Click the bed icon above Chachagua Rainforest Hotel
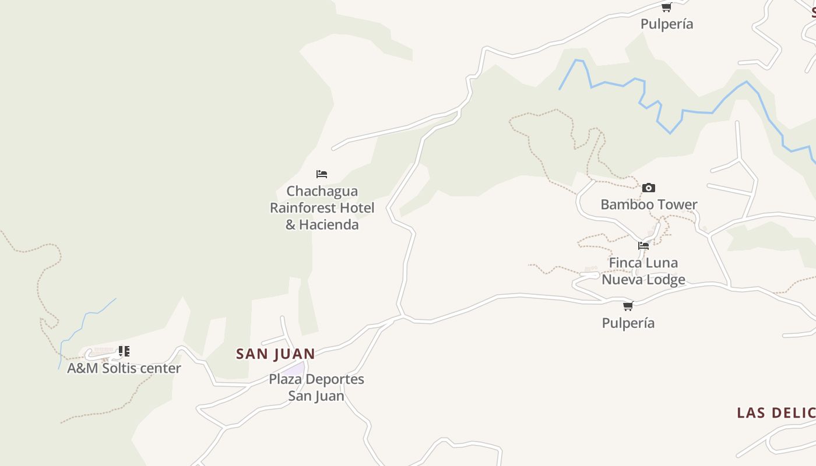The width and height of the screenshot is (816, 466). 322,174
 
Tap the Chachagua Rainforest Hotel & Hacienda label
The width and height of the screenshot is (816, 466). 322,208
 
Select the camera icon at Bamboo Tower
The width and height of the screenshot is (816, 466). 648,188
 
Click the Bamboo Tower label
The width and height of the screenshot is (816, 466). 649,204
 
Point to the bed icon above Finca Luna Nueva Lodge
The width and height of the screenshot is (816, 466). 643,246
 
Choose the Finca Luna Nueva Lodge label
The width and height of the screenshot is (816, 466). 643,271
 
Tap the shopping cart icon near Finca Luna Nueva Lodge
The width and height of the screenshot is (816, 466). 628,306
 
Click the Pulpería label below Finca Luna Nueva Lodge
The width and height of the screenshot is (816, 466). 628,323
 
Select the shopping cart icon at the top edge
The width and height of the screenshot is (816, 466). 666,8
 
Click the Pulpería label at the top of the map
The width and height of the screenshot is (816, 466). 667,24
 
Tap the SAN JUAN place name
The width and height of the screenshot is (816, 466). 275,354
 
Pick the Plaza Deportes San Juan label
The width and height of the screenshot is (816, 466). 316,387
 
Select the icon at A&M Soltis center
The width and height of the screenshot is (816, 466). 124,351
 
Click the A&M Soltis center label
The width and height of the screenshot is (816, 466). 124,368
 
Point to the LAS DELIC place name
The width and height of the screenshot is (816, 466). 775,413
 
